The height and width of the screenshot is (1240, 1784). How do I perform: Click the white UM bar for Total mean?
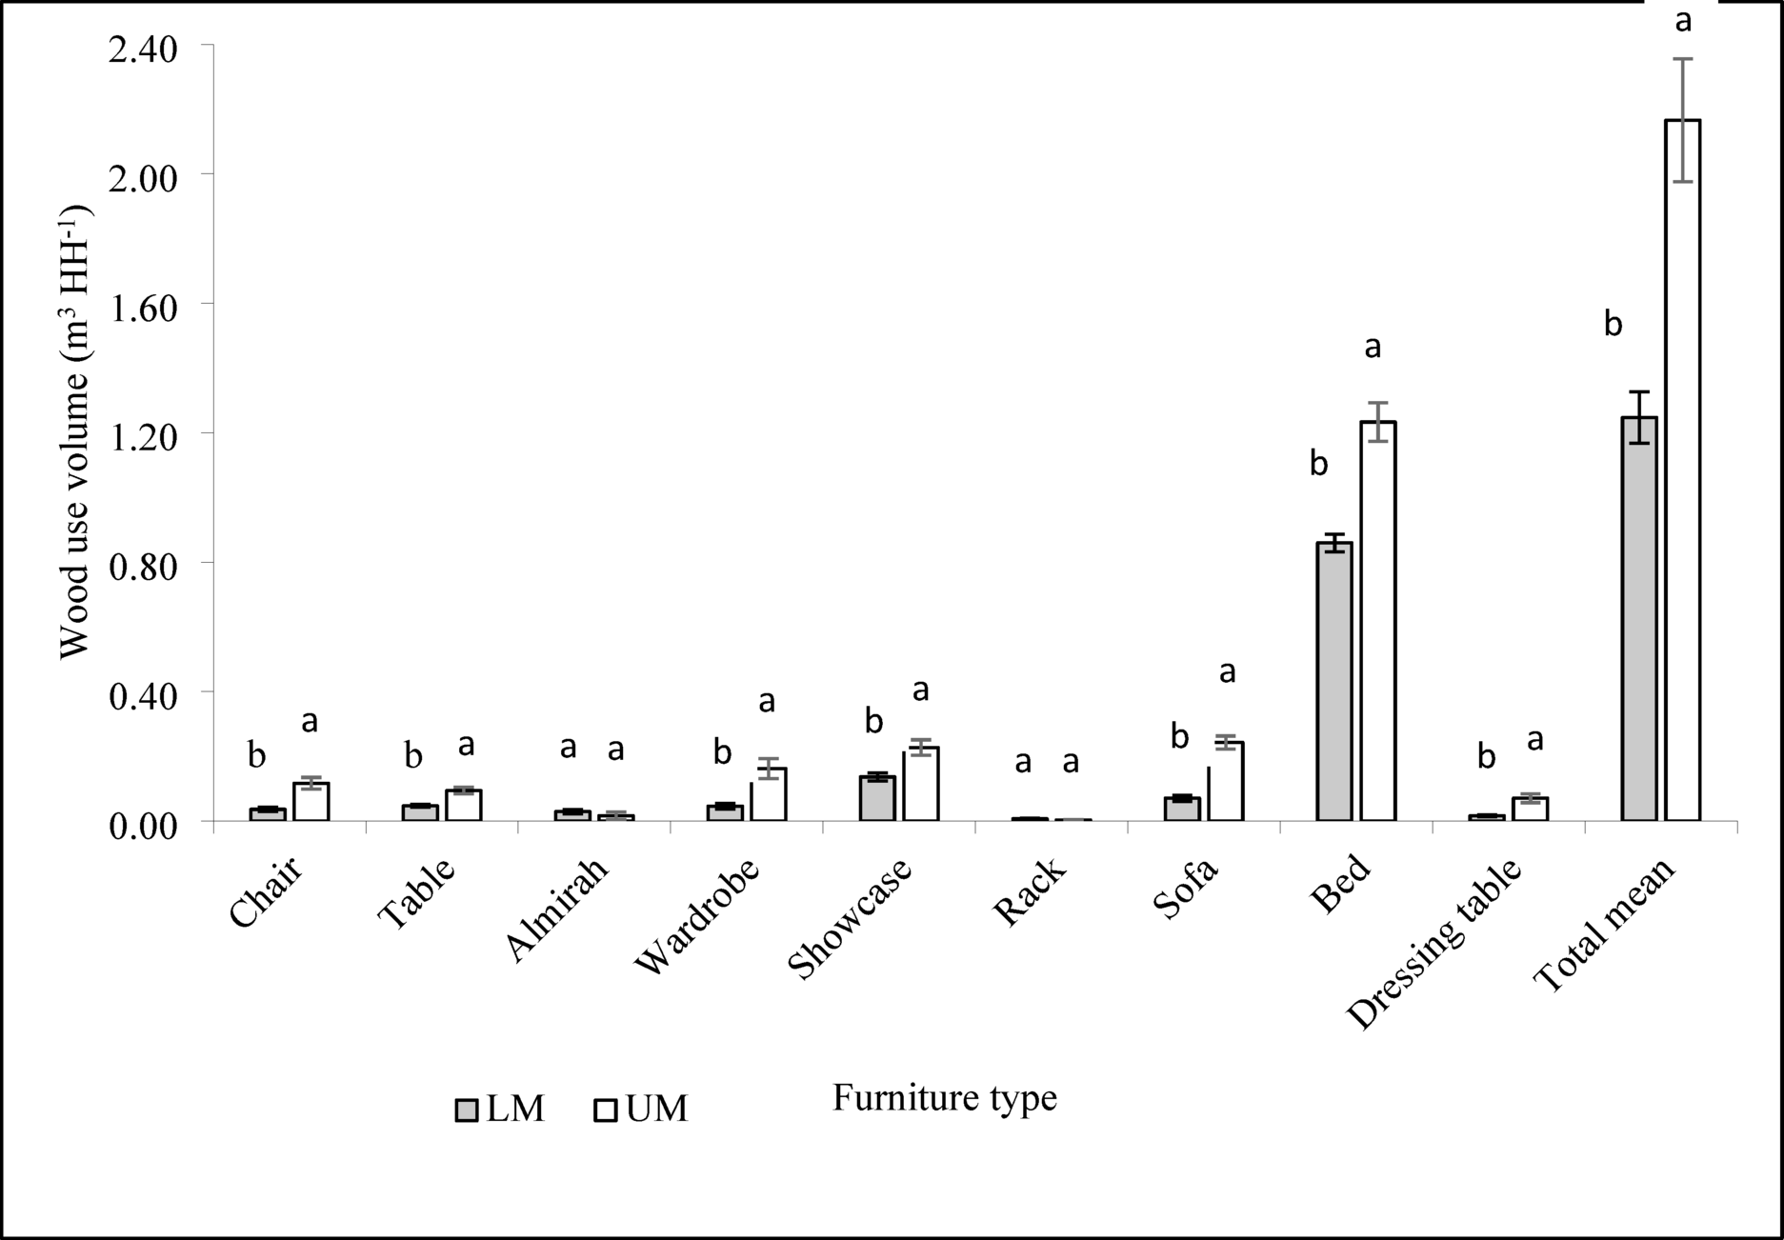tap(1683, 476)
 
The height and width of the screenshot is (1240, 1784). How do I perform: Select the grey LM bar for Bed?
tap(1334, 681)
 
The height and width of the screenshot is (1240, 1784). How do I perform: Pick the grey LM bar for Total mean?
tap(1639, 619)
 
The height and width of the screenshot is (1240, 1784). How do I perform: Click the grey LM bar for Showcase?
tap(876, 798)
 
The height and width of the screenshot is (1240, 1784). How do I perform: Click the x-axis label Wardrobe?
tap(699, 915)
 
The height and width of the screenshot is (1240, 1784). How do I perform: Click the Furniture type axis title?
tap(944, 1098)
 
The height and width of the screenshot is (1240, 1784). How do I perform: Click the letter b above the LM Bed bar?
tap(1318, 464)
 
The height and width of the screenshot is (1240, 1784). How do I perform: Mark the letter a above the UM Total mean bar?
tap(1683, 21)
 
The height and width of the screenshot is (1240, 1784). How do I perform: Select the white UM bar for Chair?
tap(311, 802)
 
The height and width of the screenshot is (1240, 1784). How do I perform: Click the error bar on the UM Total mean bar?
tap(1683, 120)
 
